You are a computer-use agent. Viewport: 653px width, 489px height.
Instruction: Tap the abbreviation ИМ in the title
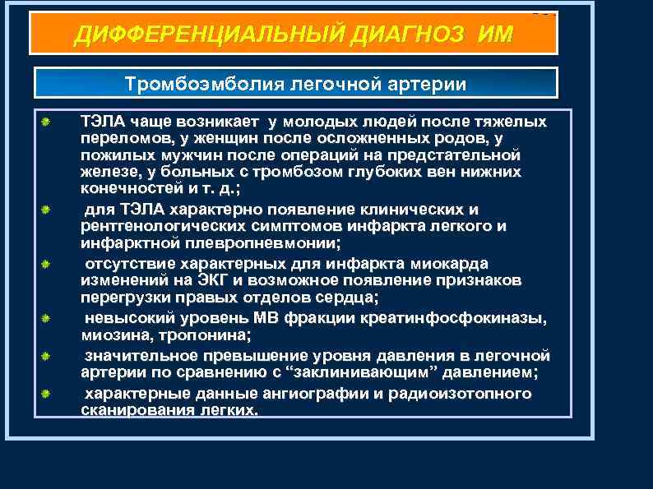coord(493,35)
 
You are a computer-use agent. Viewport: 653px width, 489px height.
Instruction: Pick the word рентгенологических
coord(152,226)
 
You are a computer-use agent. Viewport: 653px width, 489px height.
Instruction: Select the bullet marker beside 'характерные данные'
coord(48,394)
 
